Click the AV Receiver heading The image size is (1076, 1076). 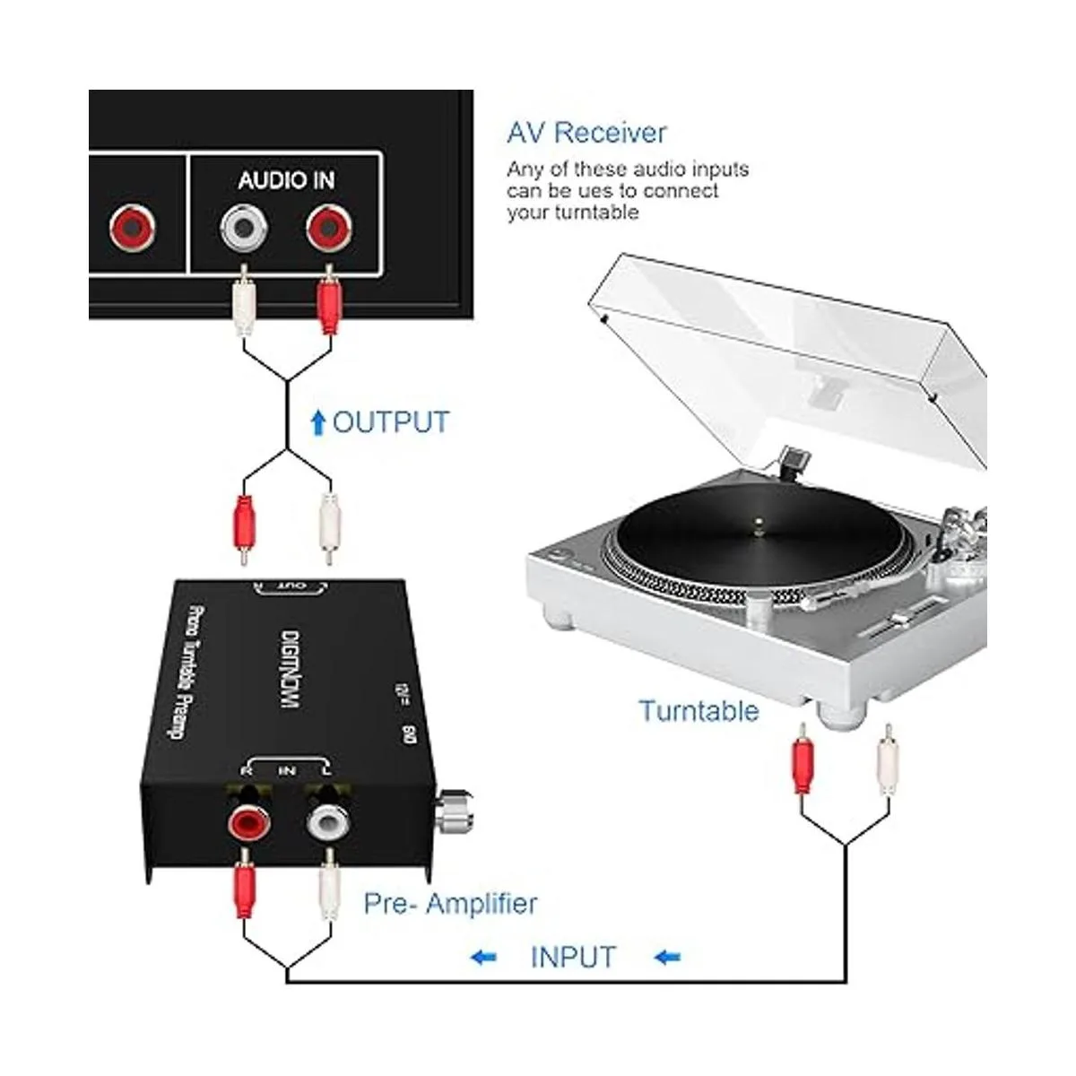[586, 133]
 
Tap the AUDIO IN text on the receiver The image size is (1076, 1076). [286, 180]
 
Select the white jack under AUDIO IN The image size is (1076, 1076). [245, 229]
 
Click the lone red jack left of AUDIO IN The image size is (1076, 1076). [133, 229]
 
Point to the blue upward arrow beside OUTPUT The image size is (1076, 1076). [317, 422]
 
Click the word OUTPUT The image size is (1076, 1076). [391, 421]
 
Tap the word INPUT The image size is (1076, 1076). [573, 957]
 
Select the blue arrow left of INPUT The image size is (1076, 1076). [483, 958]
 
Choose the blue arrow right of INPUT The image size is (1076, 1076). [667, 958]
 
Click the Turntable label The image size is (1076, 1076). [699, 711]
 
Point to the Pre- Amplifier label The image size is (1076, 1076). [450, 903]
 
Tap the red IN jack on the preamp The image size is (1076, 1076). [247, 820]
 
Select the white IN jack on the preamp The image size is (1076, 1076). [328, 818]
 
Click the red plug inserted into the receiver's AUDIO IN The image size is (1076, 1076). [328, 305]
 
